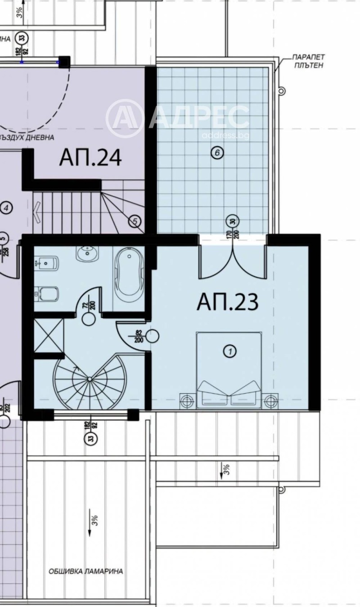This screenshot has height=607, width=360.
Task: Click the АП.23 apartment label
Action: click(x=227, y=302)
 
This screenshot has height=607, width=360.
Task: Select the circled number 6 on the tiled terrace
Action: click(x=217, y=153)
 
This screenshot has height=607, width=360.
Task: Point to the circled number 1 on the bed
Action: click(x=229, y=351)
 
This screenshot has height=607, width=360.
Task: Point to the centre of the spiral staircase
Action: click(x=89, y=379)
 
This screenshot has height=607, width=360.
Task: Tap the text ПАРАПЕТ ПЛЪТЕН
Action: click(x=308, y=61)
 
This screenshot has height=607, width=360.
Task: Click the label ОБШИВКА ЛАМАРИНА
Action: click(x=85, y=571)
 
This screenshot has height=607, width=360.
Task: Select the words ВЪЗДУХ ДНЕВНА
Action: click(x=27, y=137)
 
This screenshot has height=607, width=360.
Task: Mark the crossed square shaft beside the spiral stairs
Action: click(x=49, y=335)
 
